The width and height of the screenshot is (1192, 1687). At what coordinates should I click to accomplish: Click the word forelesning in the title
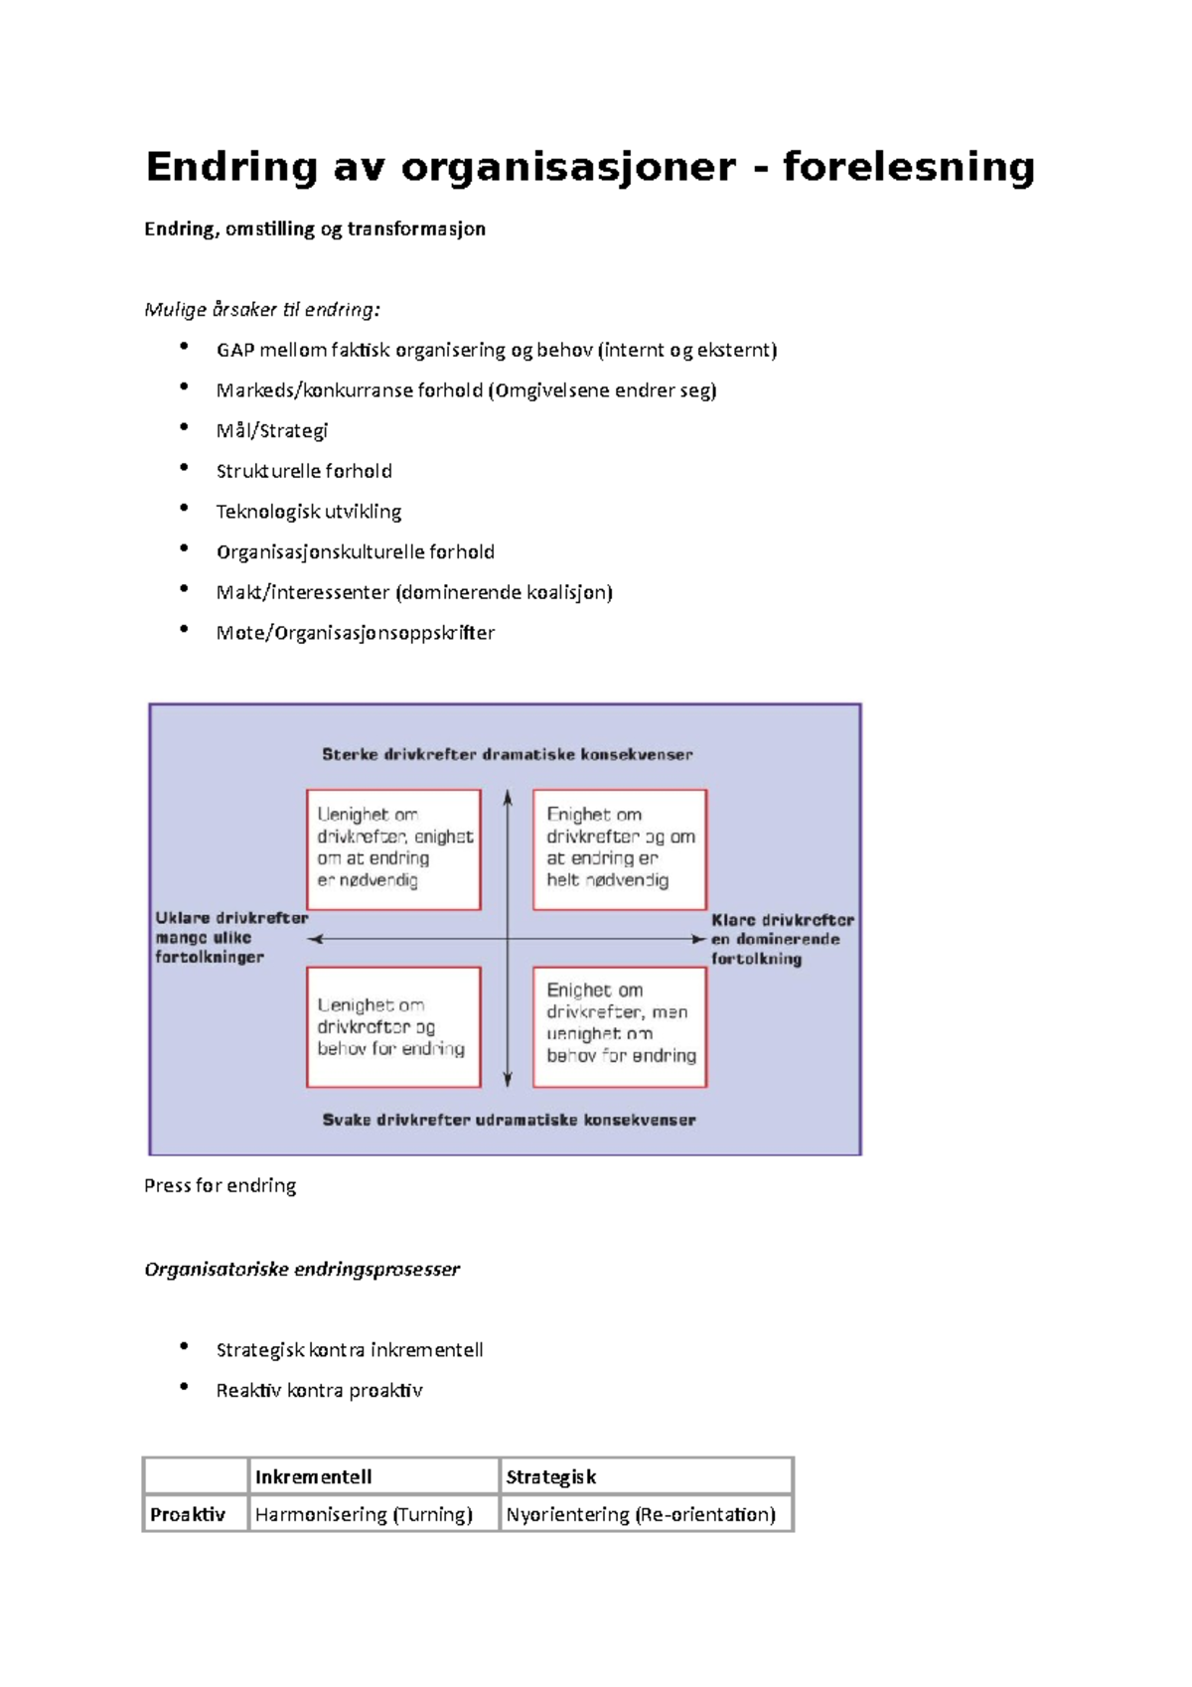click(908, 167)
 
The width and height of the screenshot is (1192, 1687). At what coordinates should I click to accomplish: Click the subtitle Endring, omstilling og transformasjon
click(315, 229)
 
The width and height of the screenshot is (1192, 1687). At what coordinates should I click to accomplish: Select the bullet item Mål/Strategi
click(272, 431)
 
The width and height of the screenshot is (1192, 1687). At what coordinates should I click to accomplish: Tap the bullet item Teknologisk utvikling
click(309, 512)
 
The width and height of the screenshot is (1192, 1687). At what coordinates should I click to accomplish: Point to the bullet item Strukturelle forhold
click(304, 472)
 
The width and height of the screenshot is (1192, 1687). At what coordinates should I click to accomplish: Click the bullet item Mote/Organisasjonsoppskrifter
click(356, 633)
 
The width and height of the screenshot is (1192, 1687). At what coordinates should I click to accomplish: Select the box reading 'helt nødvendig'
click(620, 849)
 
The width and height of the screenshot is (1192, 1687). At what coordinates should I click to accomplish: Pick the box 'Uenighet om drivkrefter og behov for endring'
click(393, 1027)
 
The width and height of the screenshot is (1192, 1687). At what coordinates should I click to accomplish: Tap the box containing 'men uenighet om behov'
click(620, 1027)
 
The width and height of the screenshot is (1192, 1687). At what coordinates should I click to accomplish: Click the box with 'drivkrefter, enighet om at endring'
click(393, 849)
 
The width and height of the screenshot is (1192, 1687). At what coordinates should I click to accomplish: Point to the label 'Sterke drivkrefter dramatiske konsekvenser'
click(507, 755)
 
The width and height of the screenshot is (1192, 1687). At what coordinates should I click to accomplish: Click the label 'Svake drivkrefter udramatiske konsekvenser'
click(509, 1120)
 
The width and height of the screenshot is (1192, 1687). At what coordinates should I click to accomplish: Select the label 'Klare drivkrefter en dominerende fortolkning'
click(783, 939)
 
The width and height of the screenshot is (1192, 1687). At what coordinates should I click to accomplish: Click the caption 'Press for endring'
click(220, 1185)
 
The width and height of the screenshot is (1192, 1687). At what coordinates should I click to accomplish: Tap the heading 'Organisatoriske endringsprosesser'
click(302, 1269)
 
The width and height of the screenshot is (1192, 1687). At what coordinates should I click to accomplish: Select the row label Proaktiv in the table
click(188, 1514)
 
